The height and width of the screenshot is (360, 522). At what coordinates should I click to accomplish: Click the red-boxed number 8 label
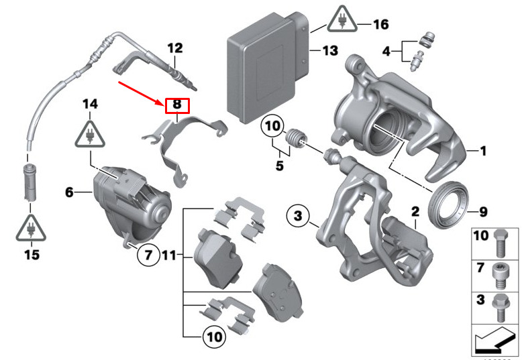click(177, 105)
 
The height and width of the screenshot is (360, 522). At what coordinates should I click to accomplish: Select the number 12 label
click(174, 48)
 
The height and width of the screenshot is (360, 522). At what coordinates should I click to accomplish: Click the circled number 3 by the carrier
click(298, 217)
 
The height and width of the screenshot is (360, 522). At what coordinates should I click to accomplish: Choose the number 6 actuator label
click(68, 192)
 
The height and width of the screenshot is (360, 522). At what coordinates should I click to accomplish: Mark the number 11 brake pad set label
click(168, 255)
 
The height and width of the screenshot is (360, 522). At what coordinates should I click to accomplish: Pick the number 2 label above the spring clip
click(415, 213)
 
